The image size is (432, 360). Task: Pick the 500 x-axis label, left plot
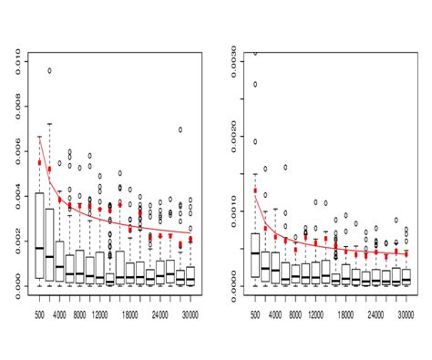coord(40,314)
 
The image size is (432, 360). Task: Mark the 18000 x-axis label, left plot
coord(138,314)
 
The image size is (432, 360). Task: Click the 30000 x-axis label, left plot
coord(187,314)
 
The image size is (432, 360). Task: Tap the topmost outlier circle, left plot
coord(50,70)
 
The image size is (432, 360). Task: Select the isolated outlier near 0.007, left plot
coord(180,129)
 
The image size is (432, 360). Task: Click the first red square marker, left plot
coord(40,162)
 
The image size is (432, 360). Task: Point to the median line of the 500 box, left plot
coord(40,248)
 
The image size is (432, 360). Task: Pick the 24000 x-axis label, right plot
coord(375,314)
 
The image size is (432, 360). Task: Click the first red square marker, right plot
coord(255,190)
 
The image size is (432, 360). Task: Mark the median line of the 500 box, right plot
coord(255,252)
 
